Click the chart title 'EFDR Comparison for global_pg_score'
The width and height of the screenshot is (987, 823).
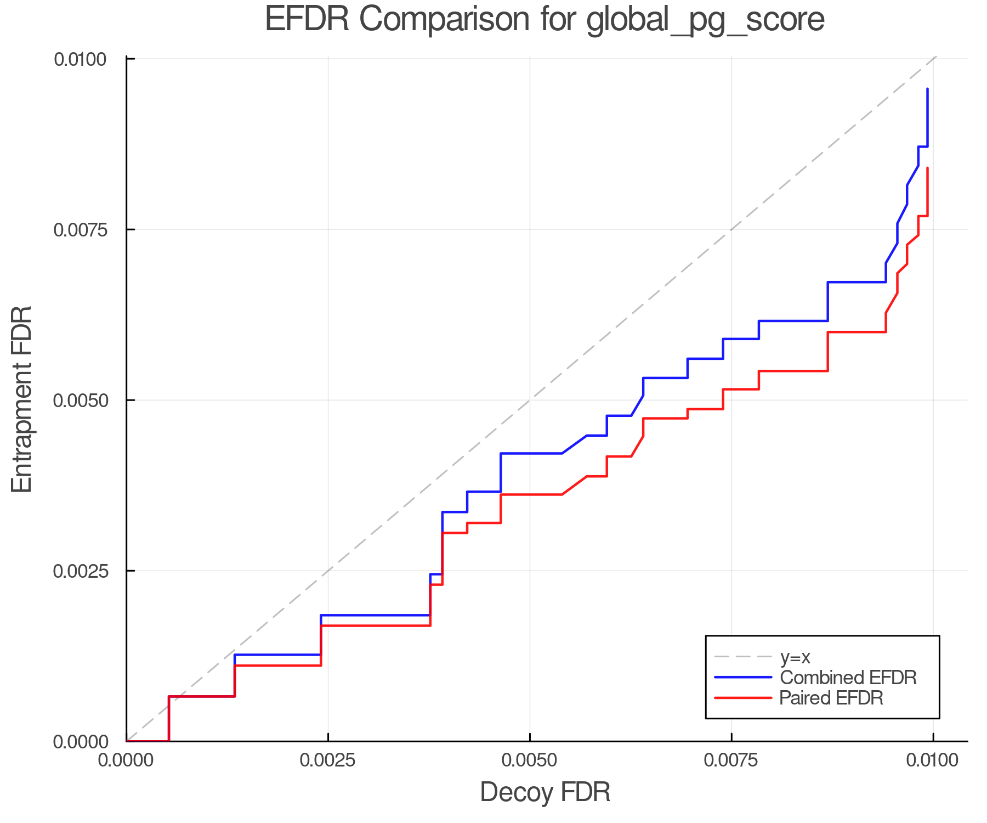[544, 20]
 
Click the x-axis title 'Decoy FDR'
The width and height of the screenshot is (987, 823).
[545, 792]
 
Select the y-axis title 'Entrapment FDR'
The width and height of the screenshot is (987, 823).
[22, 399]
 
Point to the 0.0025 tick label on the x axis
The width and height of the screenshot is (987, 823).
[328, 760]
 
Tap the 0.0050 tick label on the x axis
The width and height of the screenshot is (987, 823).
[530, 760]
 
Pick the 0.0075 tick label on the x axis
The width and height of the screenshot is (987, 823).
[731, 760]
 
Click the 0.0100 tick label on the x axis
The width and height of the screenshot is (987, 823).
[933, 760]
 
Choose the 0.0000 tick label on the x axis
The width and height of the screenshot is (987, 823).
[126, 760]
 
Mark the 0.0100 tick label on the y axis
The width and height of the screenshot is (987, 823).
[80, 59]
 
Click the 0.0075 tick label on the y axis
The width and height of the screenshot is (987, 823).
[80, 229]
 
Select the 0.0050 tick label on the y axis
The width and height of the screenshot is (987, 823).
[80, 400]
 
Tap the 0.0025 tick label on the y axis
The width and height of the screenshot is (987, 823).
[80, 571]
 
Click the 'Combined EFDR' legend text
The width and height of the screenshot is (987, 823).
[848, 678]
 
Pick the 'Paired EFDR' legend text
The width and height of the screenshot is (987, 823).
[831, 698]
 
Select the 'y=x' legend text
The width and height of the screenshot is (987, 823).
[795, 657]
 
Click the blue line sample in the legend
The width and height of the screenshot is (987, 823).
[743, 678]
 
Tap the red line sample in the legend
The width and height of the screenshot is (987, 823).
[743, 698]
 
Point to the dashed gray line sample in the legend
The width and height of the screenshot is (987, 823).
[743, 657]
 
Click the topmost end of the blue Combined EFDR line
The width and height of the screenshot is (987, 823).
[927, 89]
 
